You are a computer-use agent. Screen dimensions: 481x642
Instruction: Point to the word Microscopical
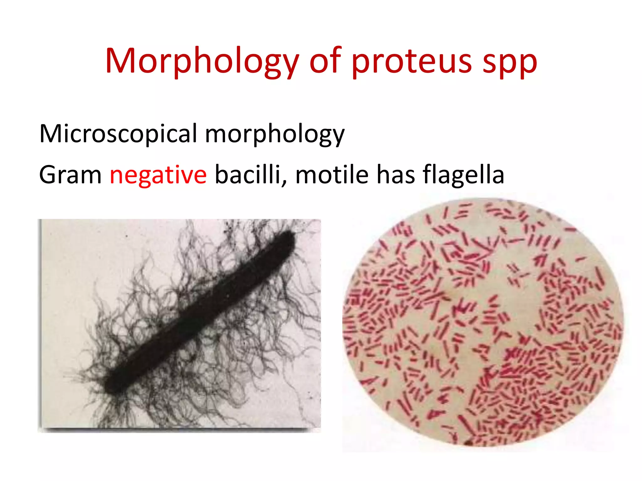click(118, 134)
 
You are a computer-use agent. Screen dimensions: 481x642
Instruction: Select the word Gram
click(70, 175)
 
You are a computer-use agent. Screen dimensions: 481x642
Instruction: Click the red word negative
click(158, 175)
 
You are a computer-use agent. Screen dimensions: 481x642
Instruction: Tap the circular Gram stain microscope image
click(483, 323)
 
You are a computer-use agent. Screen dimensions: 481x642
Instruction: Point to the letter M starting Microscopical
click(50, 134)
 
